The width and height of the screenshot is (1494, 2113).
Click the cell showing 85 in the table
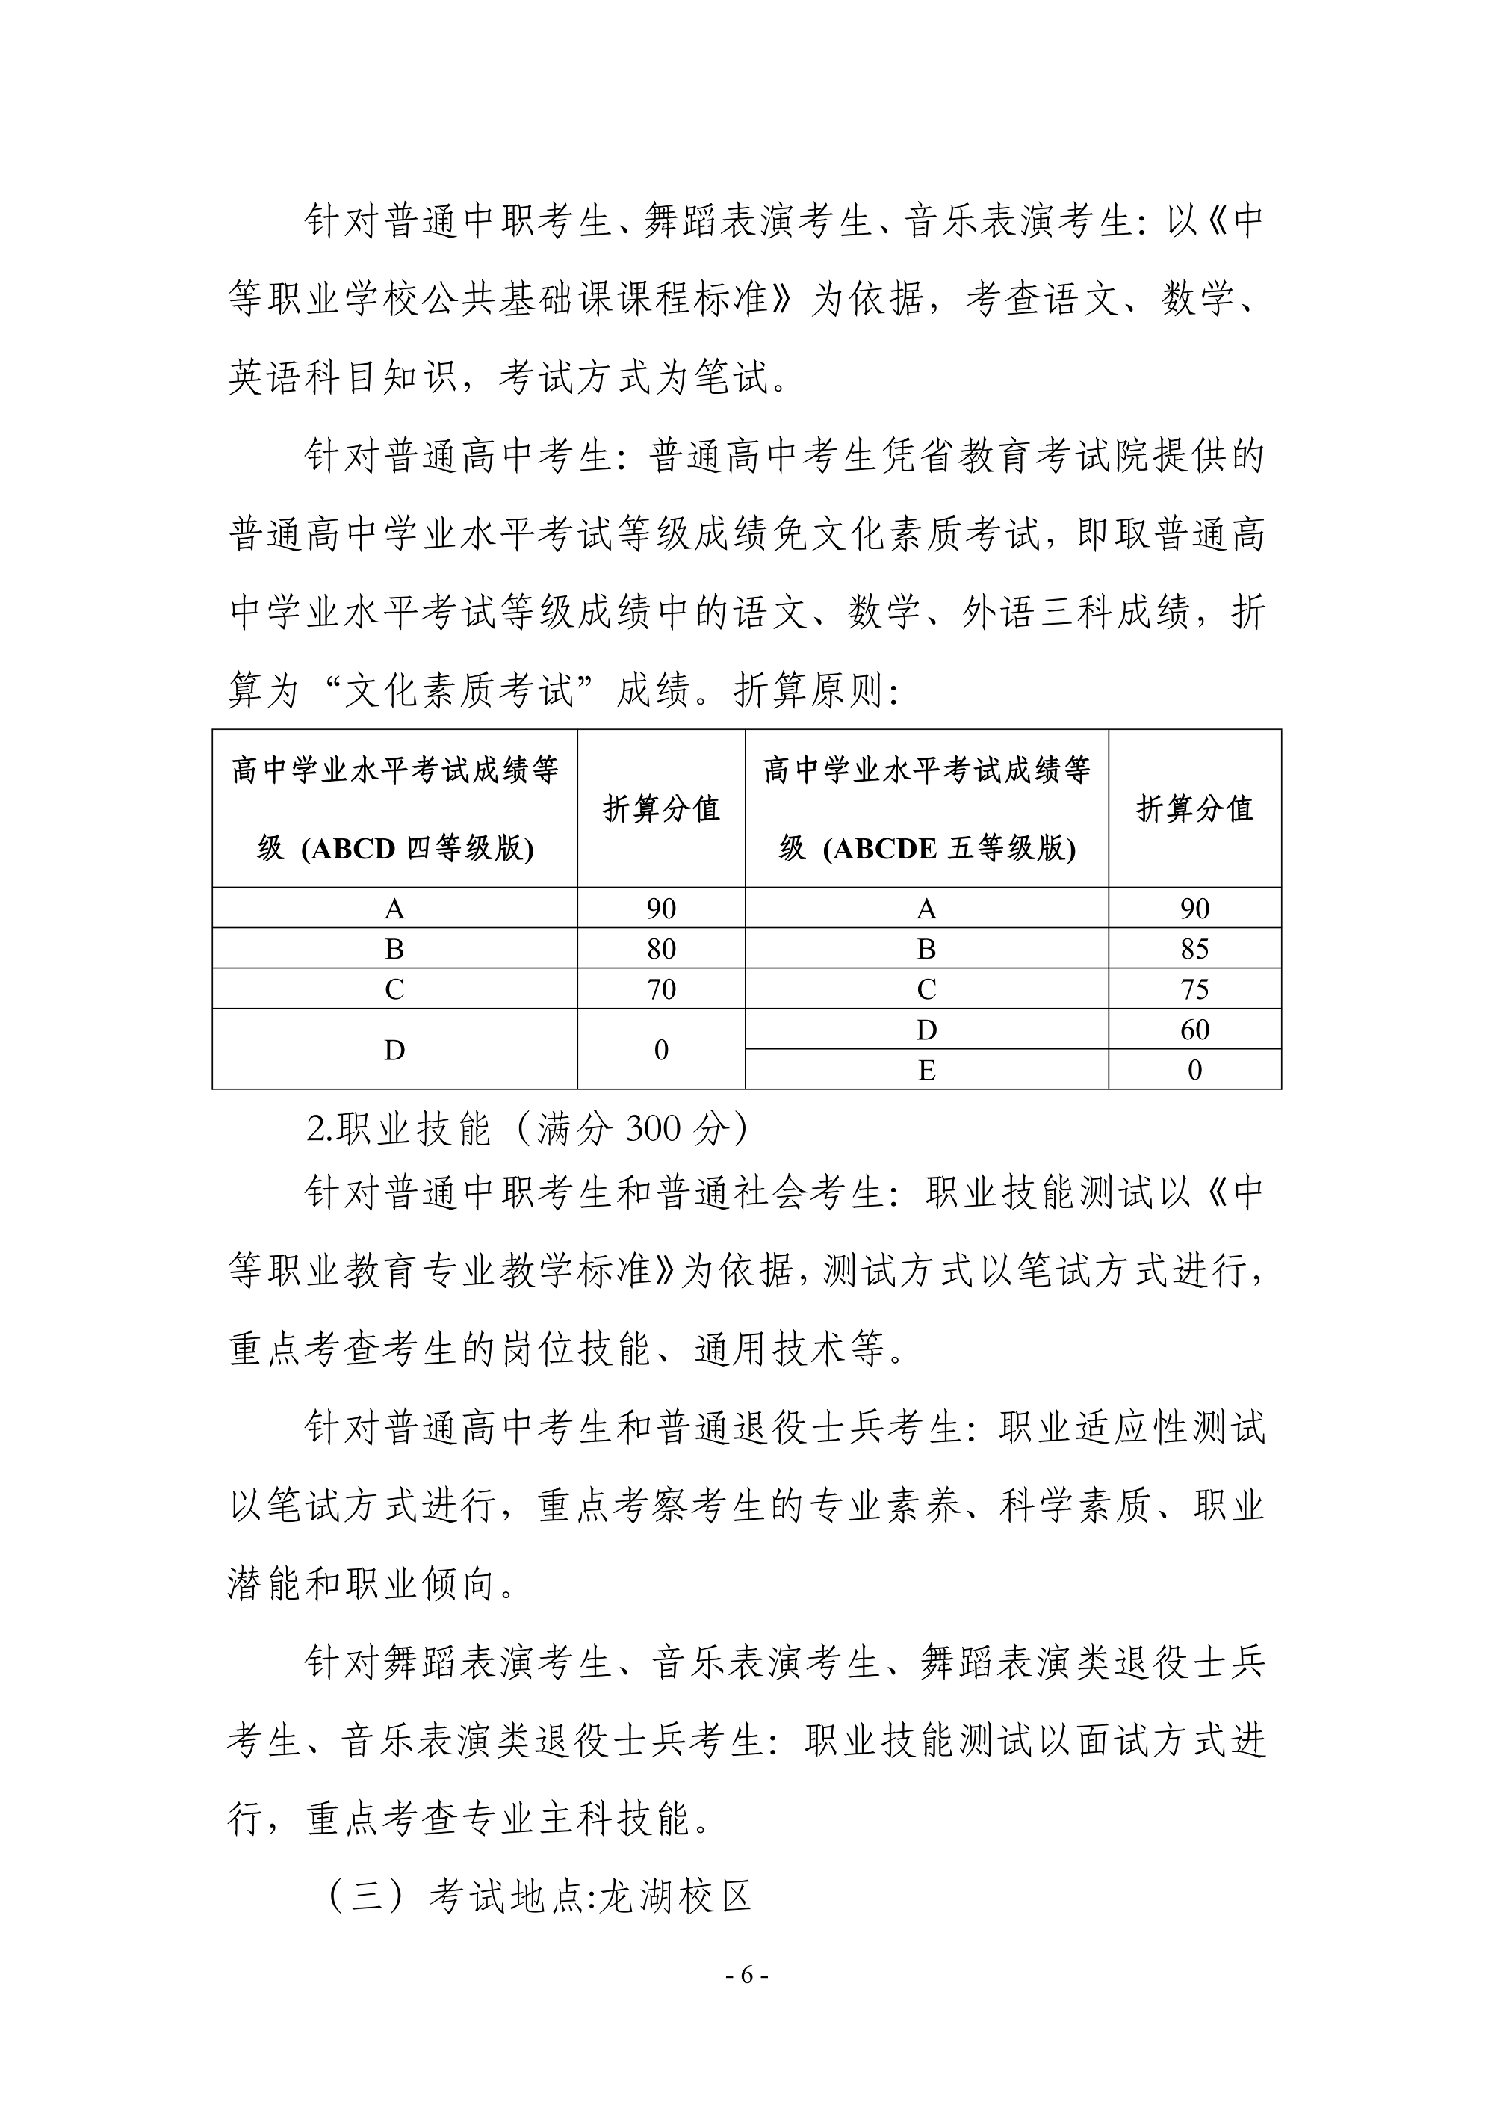click(1194, 949)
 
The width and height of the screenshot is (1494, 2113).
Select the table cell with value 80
click(660, 949)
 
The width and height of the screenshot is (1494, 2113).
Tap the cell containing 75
click(1194, 989)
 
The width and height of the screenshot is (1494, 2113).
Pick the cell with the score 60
click(1194, 1030)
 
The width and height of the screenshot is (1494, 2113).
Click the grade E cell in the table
click(926, 1070)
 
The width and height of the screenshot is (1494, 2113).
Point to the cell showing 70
click(660, 989)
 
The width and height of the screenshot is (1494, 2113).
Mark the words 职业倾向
click(421, 1584)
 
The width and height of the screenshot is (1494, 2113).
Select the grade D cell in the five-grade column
click(926, 1030)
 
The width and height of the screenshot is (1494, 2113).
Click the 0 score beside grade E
click(1194, 1070)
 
